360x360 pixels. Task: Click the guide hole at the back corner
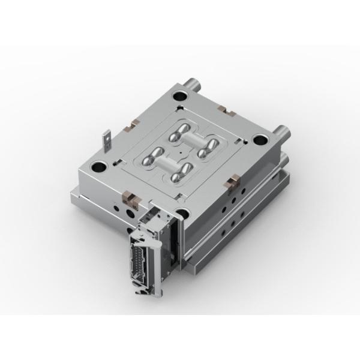coord(178,95)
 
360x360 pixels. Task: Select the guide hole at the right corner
coord(260,140)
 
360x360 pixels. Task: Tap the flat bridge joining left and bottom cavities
coord(166,166)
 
